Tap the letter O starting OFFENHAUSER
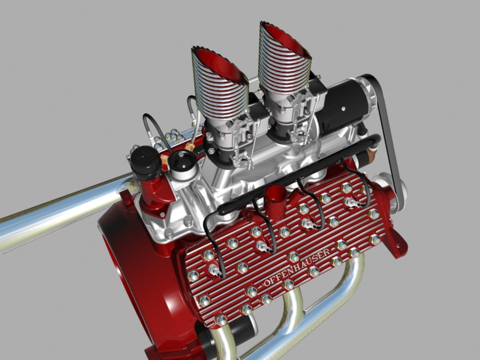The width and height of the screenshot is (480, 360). coord(267,283)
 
